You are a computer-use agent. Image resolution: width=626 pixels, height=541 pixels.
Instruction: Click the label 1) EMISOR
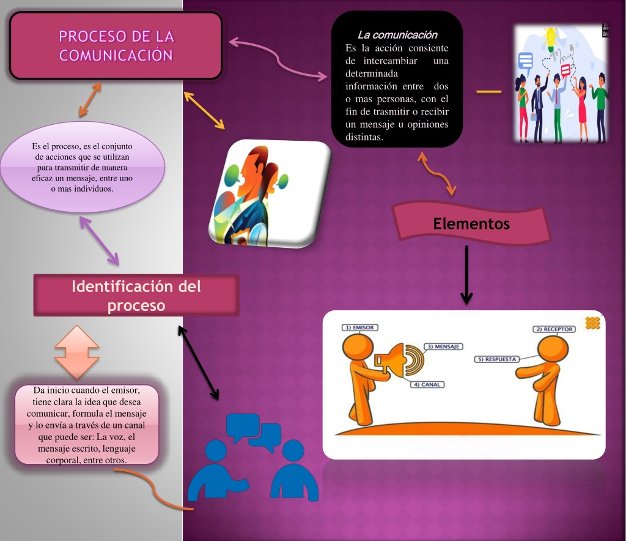[x=359, y=327]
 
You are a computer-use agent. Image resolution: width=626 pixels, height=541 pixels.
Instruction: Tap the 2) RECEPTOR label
[x=554, y=329]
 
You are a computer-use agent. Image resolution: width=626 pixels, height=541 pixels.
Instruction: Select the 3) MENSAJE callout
[x=443, y=346]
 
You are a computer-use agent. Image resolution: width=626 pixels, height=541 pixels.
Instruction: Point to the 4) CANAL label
[x=427, y=384]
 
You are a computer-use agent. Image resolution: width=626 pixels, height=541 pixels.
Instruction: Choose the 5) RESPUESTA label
[x=497, y=359]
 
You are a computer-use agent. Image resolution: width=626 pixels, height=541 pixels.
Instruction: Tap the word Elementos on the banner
[x=471, y=224]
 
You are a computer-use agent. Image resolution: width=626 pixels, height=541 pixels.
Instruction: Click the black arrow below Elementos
[x=466, y=275]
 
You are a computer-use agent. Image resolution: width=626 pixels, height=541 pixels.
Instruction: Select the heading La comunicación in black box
[x=397, y=35]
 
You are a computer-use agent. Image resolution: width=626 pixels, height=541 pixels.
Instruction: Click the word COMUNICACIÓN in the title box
[x=116, y=55]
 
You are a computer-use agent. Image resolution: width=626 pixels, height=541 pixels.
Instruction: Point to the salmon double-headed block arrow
[x=76, y=352]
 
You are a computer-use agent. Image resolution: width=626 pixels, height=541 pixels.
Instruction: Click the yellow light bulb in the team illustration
[x=551, y=39]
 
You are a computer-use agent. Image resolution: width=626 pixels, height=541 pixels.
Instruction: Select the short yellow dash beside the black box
[x=489, y=92]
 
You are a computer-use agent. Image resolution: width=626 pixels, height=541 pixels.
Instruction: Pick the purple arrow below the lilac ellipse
[x=100, y=241]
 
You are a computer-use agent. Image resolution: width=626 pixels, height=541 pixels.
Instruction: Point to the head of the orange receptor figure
[x=553, y=349]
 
